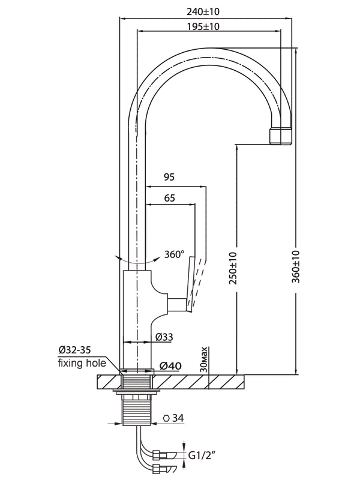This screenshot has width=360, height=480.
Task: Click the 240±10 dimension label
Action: pyautogui.click(x=203, y=11)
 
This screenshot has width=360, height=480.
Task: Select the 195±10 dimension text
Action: pyautogui.click(x=203, y=26)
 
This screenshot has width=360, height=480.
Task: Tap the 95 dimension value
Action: pyautogui.click(x=169, y=177)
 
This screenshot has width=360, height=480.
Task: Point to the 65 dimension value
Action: pyautogui.click(x=169, y=198)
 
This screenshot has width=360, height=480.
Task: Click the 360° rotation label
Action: pyautogui.click(x=174, y=254)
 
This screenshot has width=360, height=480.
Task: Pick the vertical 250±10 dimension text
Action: pyautogui.click(x=233, y=268)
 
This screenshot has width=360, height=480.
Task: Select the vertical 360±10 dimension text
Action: pyautogui.click(x=296, y=266)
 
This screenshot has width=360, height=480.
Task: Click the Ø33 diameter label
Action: pyautogui.click(x=164, y=337)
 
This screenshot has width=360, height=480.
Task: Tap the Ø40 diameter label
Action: pyautogui.click(x=170, y=365)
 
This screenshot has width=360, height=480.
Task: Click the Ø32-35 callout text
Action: pyautogui.click(x=74, y=350)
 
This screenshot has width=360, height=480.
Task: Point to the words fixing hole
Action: pyautogui.click(x=82, y=363)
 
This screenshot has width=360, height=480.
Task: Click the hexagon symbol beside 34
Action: pyautogui.click(x=167, y=418)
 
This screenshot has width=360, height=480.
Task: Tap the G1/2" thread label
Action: pyautogui.click(x=202, y=456)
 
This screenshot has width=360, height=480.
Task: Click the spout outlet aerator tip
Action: pyautogui.click(x=281, y=136)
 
